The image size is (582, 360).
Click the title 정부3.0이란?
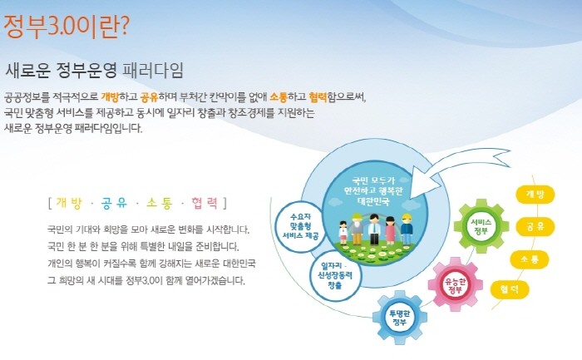67,26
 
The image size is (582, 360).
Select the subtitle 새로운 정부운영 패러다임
94,70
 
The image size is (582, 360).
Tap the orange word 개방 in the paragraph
110,97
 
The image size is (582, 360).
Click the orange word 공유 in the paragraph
149,97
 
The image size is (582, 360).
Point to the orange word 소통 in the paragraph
279,97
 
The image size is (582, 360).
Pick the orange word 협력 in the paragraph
318,97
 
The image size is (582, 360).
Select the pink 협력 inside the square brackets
205,204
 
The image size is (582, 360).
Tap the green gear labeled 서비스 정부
481,226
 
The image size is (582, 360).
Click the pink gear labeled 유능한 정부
455,284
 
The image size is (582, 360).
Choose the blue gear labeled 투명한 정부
399,318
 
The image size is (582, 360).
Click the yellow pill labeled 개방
535,195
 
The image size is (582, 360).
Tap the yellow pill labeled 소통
530,259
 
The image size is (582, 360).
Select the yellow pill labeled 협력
509,289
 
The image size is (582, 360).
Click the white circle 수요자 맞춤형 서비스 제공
300,226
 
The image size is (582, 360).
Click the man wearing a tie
374,229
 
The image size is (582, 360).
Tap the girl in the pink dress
390,230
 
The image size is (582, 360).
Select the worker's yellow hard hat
407,218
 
